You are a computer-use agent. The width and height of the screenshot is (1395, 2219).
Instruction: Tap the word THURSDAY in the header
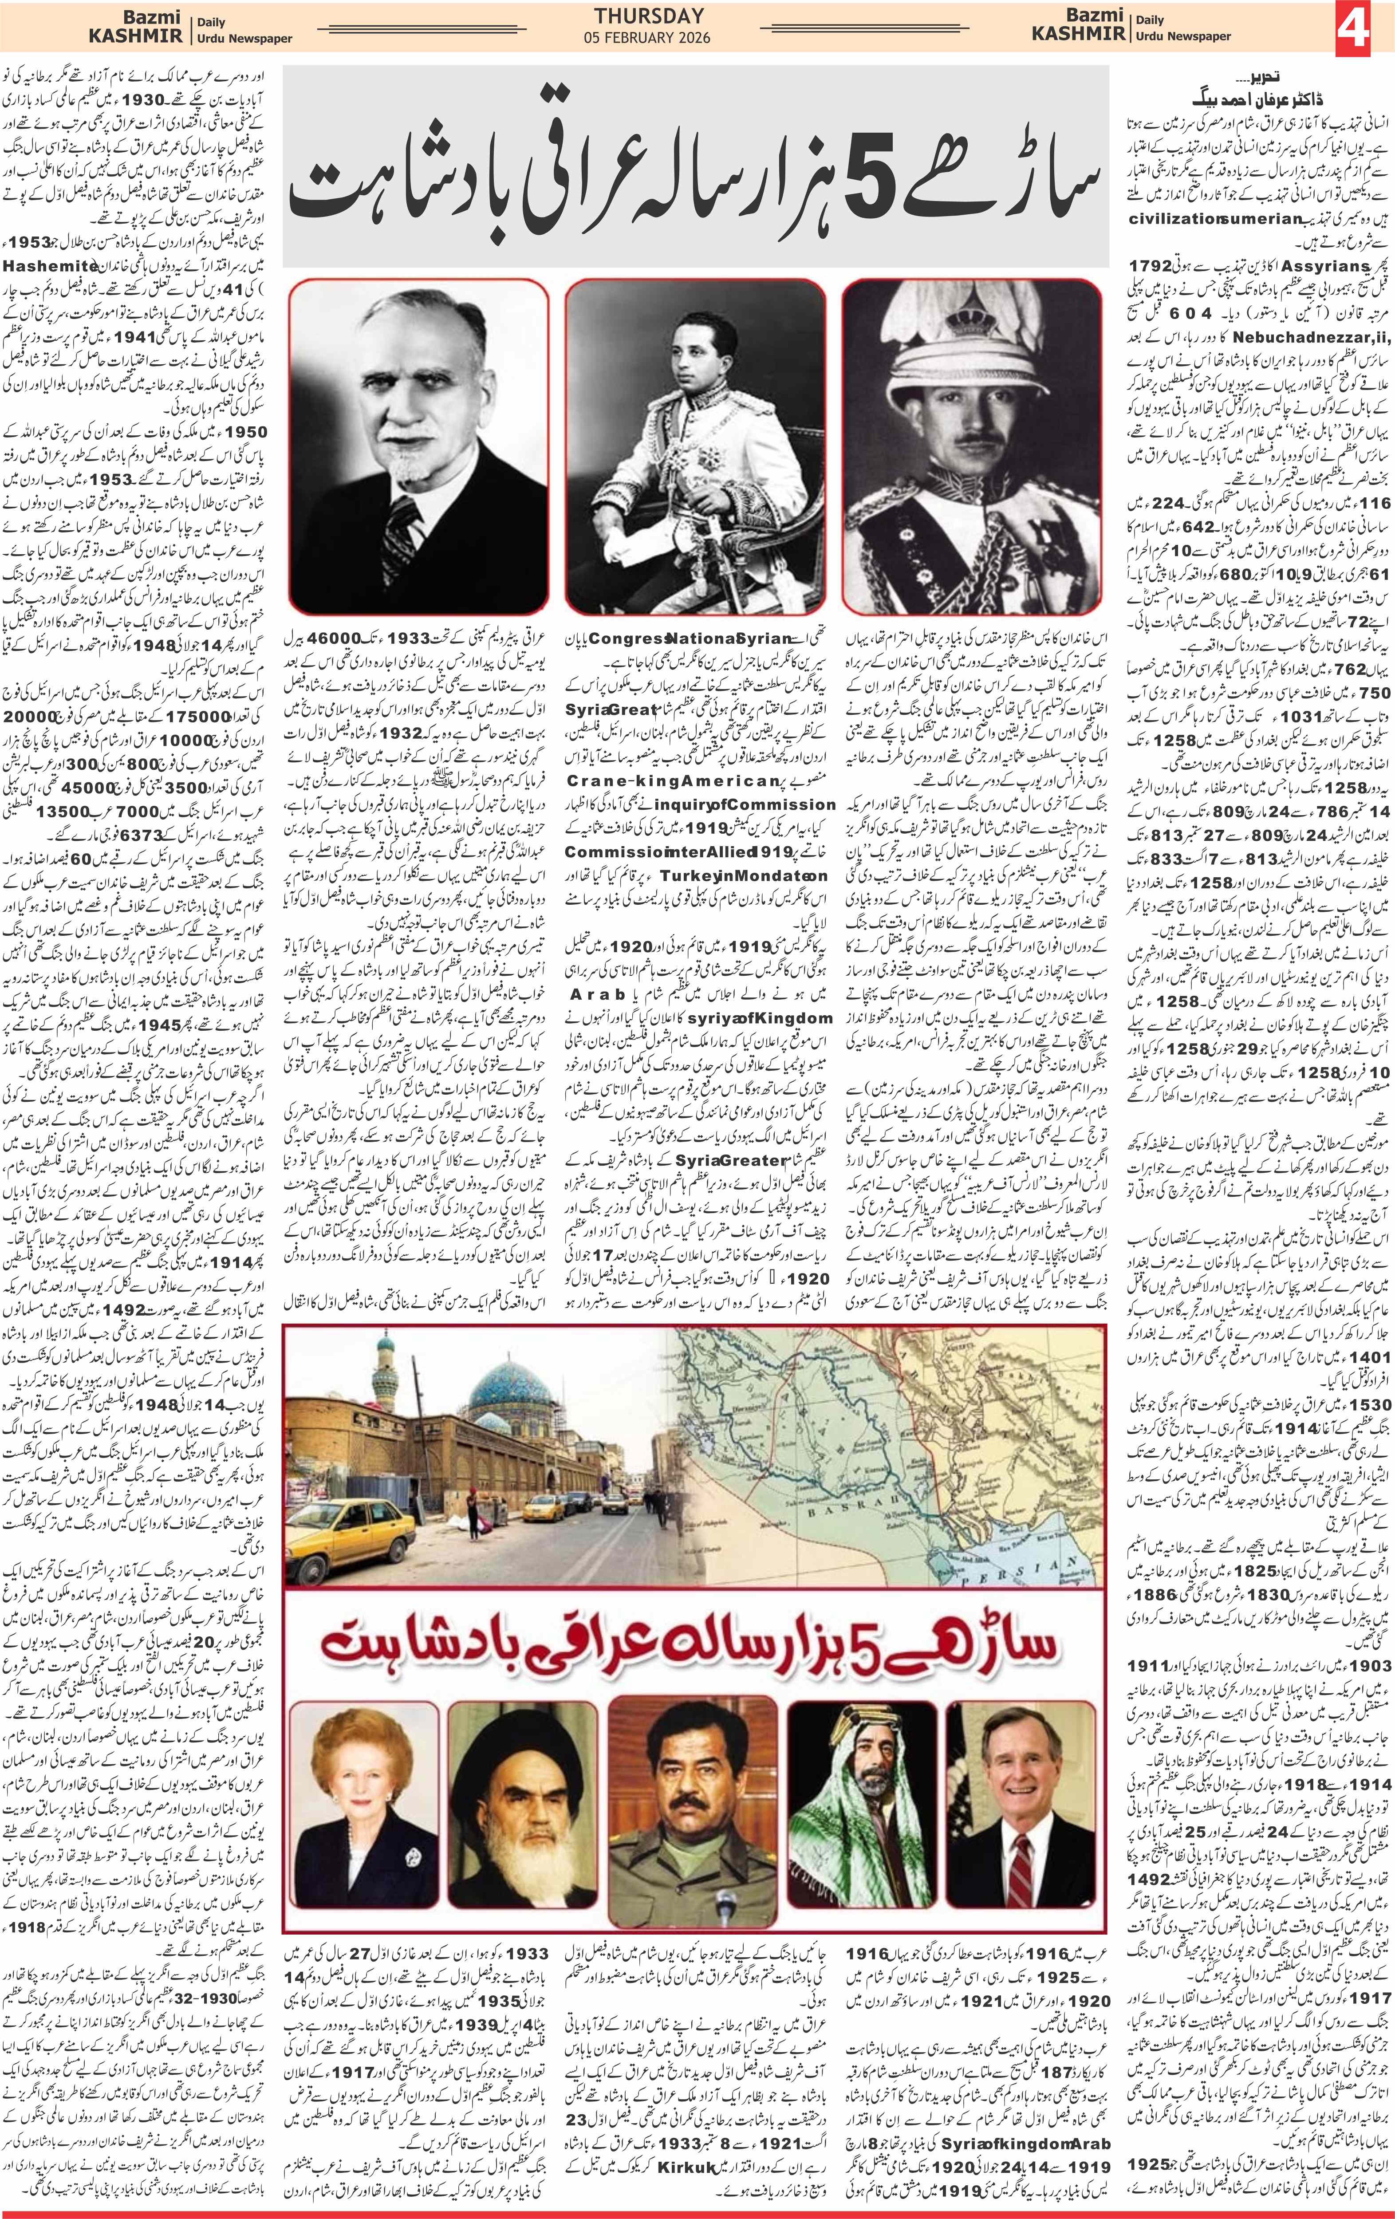click(x=650, y=16)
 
